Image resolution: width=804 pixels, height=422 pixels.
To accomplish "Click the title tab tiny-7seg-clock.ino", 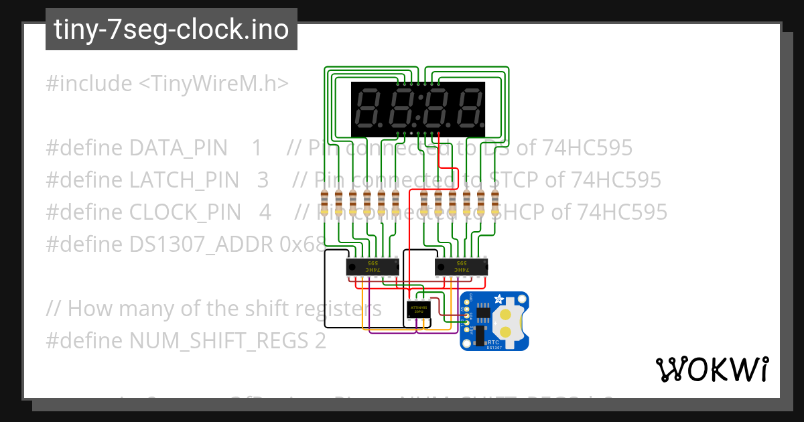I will click(171, 29).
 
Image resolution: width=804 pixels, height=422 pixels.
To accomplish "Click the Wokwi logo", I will click(712, 369).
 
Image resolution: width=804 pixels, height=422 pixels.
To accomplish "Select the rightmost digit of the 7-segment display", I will click(469, 109).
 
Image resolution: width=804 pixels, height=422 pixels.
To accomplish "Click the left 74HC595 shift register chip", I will click(373, 267).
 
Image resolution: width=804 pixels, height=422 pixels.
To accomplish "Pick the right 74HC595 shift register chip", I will click(462, 267).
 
